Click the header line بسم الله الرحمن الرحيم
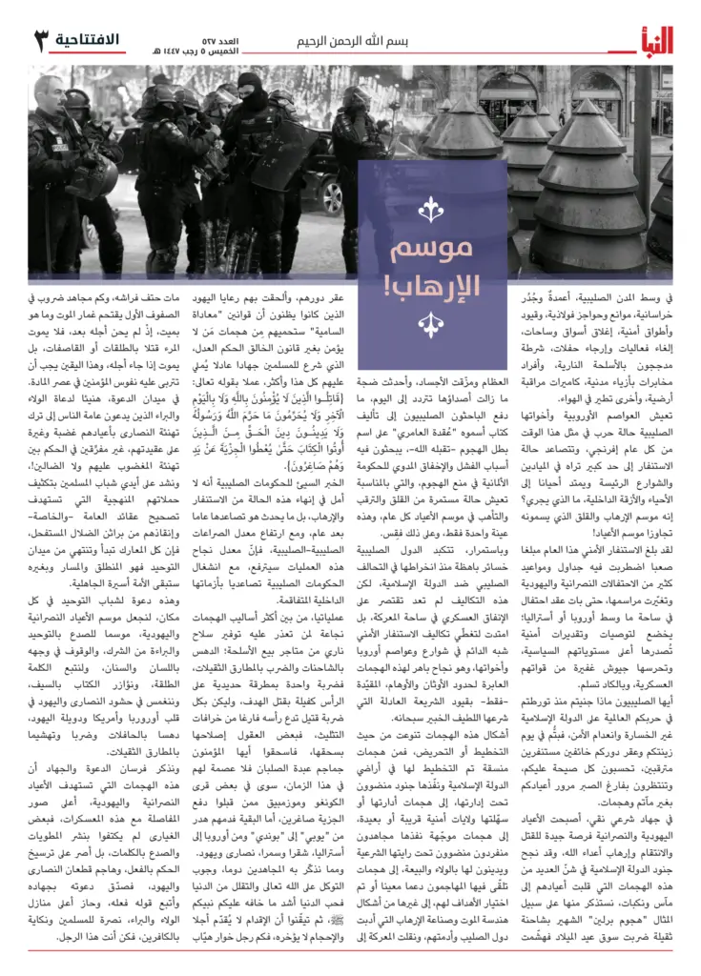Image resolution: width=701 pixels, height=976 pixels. coord(351,41)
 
